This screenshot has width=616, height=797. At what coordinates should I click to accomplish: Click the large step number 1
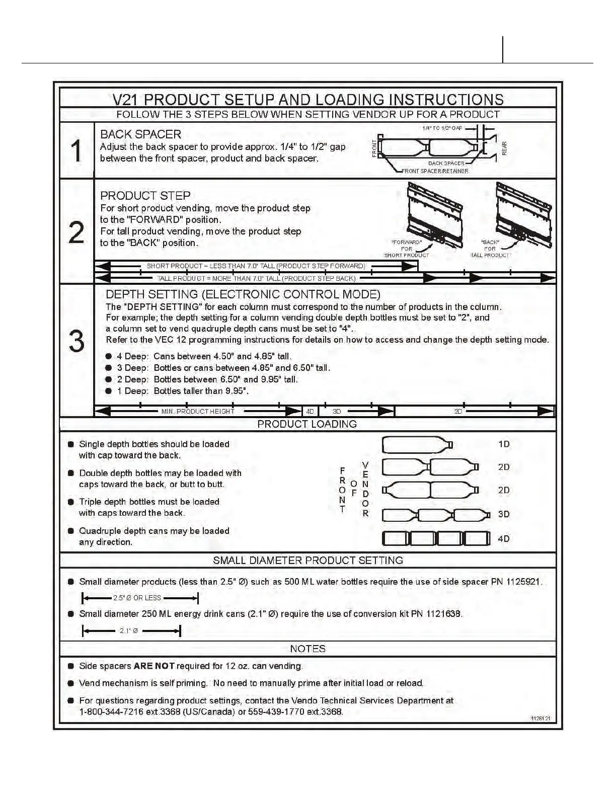pyautogui.click(x=76, y=151)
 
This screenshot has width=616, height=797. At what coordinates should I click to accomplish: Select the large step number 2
pyautogui.click(x=76, y=233)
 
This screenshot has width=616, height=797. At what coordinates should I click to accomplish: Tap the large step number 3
pyautogui.click(x=76, y=342)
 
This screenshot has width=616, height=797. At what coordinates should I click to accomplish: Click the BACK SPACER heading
pyautogui.click(x=140, y=134)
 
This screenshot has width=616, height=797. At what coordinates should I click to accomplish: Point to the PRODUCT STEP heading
pyautogui.click(x=145, y=196)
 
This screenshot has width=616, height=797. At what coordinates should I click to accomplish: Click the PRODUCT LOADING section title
pyautogui.click(x=307, y=424)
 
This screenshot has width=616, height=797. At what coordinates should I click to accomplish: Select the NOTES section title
pyautogui.click(x=307, y=649)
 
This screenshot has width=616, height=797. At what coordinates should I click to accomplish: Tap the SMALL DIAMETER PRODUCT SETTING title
pyautogui.click(x=307, y=561)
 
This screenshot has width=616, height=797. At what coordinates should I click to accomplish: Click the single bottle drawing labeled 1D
pyautogui.click(x=417, y=445)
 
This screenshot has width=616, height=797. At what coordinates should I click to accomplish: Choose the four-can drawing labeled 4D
pyautogui.click(x=436, y=539)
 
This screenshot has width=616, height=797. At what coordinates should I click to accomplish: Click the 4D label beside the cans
pyautogui.click(x=504, y=539)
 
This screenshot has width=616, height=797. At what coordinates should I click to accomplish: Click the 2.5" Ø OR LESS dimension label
pyautogui.click(x=137, y=598)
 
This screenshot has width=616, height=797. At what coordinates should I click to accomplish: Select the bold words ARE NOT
pyautogui.click(x=154, y=666)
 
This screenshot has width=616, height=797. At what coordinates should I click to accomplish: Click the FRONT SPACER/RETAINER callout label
pyautogui.click(x=435, y=171)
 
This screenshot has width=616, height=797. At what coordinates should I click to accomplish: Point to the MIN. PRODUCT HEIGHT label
pyautogui.click(x=198, y=412)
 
